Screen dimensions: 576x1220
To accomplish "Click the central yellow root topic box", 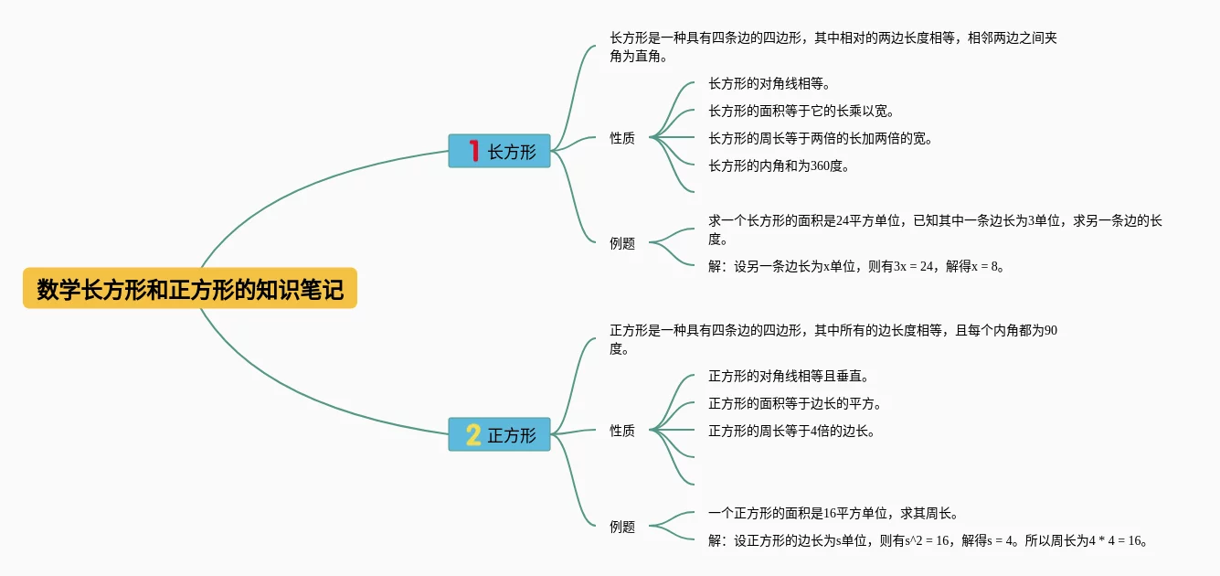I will click(x=189, y=289).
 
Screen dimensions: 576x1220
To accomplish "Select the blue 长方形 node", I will click(x=499, y=151).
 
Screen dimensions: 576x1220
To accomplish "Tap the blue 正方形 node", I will click(x=499, y=434).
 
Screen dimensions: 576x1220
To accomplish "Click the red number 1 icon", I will click(x=473, y=151).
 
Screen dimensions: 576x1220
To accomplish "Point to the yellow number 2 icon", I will click(x=473, y=434).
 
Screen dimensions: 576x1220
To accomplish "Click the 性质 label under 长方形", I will click(x=622, y=138).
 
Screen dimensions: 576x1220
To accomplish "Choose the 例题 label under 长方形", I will click(x=622, y=244).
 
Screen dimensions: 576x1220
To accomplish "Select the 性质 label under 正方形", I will click(x=622, y=431).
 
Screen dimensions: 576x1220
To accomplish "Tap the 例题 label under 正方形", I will click(x=622, y=527).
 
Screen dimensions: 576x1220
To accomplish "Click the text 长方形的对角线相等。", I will click(x=769, y=84).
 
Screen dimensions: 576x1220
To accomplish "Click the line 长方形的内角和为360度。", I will click(x=780, y=166).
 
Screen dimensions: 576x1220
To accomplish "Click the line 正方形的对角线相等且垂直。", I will click(x=788, y=377).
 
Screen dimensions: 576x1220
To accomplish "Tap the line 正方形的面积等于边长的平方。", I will click(x=794, y=404).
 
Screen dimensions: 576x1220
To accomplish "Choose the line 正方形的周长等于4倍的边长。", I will click(x=791, y=432).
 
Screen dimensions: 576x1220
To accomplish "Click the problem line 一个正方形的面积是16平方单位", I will click(x=833, y=514).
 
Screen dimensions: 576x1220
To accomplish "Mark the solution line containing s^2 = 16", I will click(x=928, y=541).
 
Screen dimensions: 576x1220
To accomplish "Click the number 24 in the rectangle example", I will click(x=843, y=221).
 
